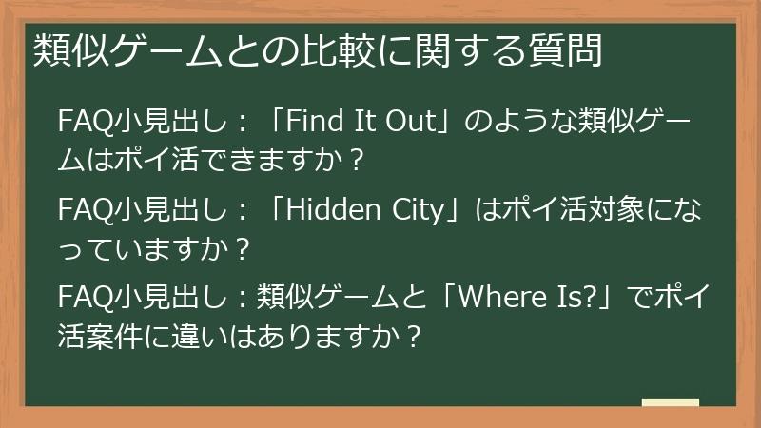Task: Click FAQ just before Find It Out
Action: (x=82, y=123)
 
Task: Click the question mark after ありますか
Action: (x=411, y=336)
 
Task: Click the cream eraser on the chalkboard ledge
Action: (x=670, y=403)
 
